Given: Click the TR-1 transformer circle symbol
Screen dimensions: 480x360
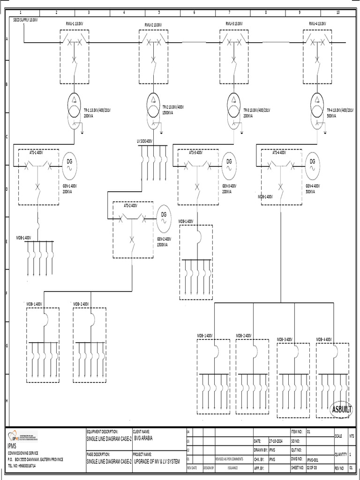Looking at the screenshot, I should (75, 101).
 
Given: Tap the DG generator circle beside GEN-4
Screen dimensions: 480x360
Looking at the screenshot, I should (313, 162).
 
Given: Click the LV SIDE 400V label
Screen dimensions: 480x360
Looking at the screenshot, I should (144, 141).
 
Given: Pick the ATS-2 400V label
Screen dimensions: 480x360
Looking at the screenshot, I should (130, 205).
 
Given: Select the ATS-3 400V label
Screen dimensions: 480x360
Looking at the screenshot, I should (196, 152).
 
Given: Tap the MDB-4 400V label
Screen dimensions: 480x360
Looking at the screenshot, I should (324, 339).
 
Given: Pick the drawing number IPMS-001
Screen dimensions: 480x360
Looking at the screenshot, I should (313, 461).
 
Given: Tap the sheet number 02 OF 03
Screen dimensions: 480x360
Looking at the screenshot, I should (313, 468).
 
